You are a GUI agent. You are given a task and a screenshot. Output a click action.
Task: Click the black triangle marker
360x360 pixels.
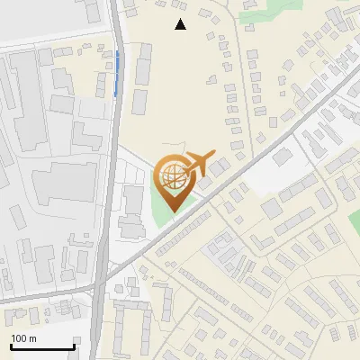(x=180, y=24)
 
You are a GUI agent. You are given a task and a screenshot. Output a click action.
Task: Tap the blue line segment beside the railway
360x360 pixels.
(x=116, y=73)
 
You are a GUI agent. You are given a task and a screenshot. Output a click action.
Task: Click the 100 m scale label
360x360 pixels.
(x=24, y=338)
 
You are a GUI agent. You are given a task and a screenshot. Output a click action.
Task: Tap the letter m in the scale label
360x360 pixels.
(x=33, y=339)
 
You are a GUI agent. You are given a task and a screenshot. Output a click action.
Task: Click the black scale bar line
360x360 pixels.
(x=42, y=346)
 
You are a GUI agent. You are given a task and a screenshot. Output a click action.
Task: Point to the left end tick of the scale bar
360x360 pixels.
(x=11, y=345)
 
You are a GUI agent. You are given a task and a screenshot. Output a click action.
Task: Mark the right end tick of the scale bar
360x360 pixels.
(x=74, y=345)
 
